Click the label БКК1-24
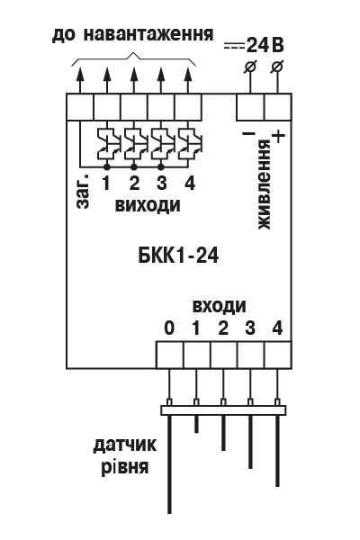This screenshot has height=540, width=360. click(178, 256)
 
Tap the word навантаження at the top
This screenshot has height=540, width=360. click(148, 33)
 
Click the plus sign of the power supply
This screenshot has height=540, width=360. click(278, 137)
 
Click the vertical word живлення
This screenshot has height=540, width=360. click(265, 184)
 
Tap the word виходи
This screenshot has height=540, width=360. click(148, 205)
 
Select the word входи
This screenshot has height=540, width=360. click(220, 306)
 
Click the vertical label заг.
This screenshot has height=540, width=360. click(84, 191)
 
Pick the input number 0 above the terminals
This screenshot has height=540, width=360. click(169, 328)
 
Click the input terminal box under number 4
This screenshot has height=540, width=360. click(278, 355)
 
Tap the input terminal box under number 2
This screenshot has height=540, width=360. click(223, 355)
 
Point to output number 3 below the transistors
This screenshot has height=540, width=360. click(161, 183)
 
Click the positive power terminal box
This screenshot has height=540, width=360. click(278, 107)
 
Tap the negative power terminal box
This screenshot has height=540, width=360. click(250, 107)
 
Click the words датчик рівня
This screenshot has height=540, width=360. click(125, 456)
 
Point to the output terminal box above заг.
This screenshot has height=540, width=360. click(80, 107)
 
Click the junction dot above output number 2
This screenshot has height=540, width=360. click(134, 167)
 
